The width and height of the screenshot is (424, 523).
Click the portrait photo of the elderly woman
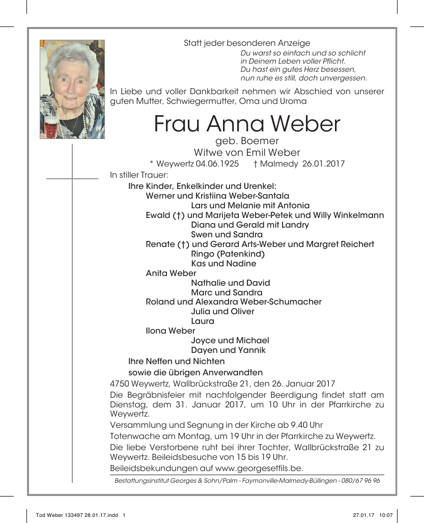point(72,89)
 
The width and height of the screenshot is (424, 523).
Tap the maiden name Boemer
point(261,141)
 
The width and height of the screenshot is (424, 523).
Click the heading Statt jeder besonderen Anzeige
point(247,43)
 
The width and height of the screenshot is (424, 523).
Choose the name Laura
point(203,321)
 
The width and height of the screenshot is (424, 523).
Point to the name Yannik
point(251,350)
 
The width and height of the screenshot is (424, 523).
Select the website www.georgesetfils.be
point(259,469)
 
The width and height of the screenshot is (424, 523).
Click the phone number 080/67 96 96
point(361,481)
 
